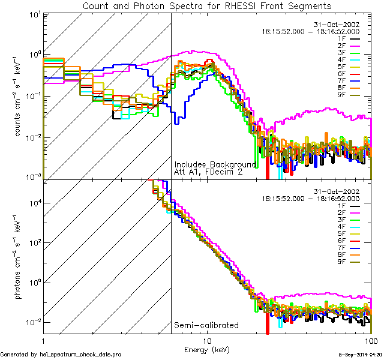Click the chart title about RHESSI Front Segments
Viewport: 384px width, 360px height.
tap(206, 6)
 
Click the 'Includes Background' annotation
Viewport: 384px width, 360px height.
tap(215, 164)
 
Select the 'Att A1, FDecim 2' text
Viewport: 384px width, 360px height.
tap(208, 172)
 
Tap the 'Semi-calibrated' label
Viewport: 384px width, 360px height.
tap(206, 326)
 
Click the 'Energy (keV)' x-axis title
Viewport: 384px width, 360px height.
tap(207, 349)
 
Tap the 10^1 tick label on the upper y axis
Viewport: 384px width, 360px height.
tap(34, 14)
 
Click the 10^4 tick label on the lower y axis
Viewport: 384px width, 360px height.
tap(34, 203)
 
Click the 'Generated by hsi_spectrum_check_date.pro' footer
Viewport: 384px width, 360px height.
tap(61, 355)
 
